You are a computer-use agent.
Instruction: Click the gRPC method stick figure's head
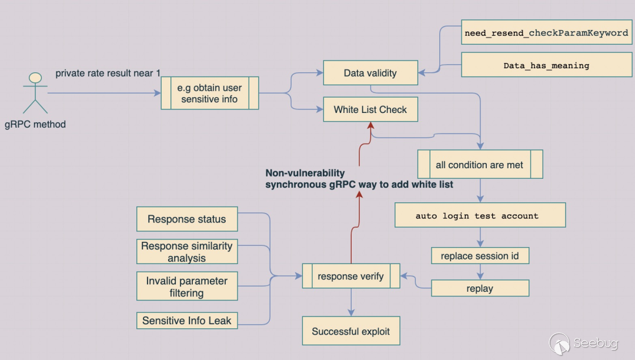click(35, 78)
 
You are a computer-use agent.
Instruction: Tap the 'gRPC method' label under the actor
click(35, 124)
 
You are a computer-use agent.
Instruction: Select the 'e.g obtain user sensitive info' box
click(209, 93)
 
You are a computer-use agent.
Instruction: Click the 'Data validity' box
click(370, 73)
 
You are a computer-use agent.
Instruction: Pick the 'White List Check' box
click(370, 109)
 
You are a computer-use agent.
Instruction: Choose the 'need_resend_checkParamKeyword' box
click(546, 33)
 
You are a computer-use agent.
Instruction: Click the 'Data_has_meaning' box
click(546, 65)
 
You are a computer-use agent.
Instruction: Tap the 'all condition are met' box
click(479, 165)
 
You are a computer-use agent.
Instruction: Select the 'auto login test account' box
click(479, 215)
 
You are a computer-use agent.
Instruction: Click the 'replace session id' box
click(479, 256)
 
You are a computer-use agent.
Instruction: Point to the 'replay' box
click(479, 288)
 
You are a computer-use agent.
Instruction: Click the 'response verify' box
click(351, 276)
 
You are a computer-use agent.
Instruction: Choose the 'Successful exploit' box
click(351, 331)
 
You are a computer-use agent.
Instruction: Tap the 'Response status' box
click(187, 219)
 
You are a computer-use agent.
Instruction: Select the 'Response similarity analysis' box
click(187, 252)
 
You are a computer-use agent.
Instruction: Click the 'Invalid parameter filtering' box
click(187, 286)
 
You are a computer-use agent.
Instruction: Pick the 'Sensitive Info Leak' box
click(187, 321)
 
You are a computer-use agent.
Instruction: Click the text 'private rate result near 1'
click(108, 73)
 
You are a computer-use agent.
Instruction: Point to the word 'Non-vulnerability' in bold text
click(305, 174)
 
